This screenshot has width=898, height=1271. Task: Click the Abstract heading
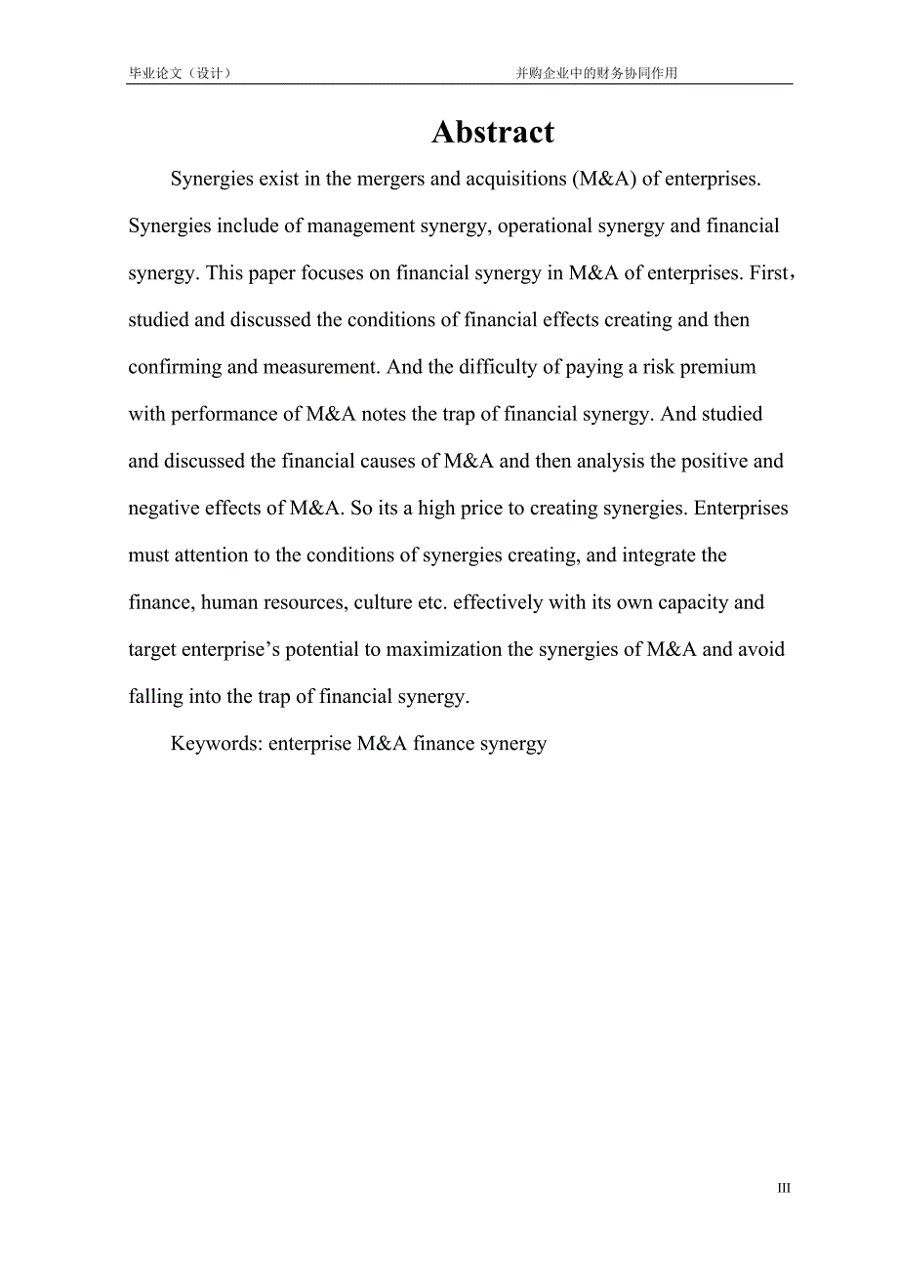tap(493, 133)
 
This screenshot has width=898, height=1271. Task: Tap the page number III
tap(784, 1188)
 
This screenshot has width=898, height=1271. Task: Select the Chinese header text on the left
tap(181, 73)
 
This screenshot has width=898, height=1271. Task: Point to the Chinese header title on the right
tap(596, 73)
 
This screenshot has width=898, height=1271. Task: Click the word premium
tap(718, 367)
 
